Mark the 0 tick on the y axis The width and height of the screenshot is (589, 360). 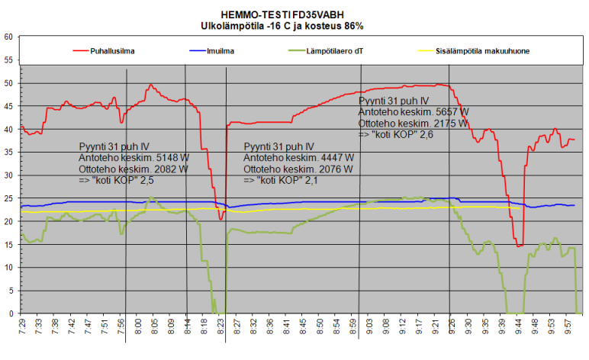point(10,313)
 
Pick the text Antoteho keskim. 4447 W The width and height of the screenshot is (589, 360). point(298,158)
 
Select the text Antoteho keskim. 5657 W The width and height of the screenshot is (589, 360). point(413,111)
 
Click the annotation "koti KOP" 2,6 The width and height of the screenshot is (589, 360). point(395,133)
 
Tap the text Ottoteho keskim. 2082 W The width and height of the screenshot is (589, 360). point(134,169)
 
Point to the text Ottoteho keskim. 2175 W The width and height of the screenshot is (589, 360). point(414,122)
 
